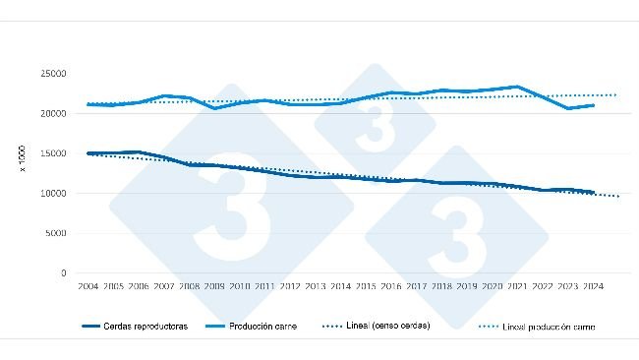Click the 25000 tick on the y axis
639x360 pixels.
coord(53,74)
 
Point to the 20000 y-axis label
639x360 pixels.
coord(53,114)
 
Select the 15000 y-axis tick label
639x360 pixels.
coord(53,153)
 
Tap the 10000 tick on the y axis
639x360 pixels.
coord(53,194)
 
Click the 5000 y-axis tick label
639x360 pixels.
coord(55,233)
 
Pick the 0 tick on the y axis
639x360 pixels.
coord(63,273)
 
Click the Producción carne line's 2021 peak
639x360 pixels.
coord(517,87)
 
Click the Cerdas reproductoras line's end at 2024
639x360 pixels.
coord(593,193)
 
